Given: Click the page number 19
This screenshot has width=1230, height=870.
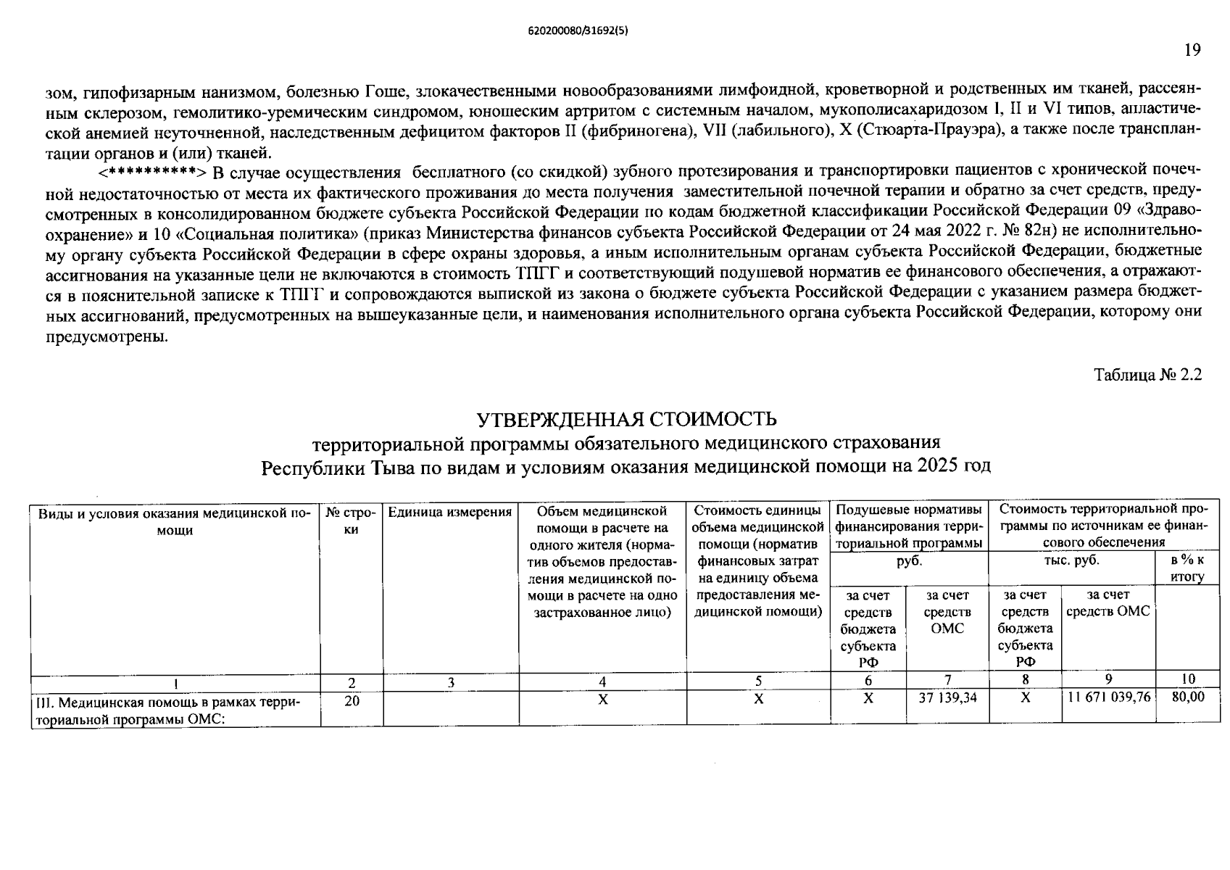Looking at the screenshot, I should pos(1192,49).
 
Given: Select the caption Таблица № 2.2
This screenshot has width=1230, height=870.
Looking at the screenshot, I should pos(1147,375).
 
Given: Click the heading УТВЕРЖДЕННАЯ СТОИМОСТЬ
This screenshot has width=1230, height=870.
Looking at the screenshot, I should pos(626,420).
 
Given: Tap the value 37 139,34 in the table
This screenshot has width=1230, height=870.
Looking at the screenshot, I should pos(947,697).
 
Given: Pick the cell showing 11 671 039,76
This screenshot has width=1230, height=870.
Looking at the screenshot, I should pos(1109,697).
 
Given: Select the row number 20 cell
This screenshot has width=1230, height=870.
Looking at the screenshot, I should pos(352,701).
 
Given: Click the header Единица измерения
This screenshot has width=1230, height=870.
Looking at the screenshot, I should pos(450,513).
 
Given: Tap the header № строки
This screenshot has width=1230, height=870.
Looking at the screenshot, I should pos(352,521).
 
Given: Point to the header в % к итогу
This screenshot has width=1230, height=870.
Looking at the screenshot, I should pos(1187,568).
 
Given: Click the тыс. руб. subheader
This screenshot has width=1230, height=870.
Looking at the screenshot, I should pos(1071,560).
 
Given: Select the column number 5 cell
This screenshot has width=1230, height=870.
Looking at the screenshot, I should pos(758,681).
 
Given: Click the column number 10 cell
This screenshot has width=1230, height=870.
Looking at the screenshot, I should pos(1187,679).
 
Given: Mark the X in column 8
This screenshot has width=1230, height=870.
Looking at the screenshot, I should pos(1025,697).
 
